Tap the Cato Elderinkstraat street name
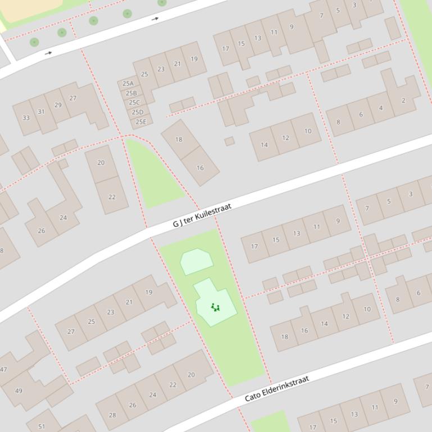pyautogui.click(x=277, y=389)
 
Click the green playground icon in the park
pyautogui.click(x=215, y=307)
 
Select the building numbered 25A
pyautogui.click(x=128, y=84)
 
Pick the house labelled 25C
pyautogui.click(x=134, y=103)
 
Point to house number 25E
pyautogui.click(x=140, y=122)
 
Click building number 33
pyautogui.click(x=26, y=118)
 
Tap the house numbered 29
pyautogui.click(x=58, y=105)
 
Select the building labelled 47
pyautogui.click(x=3, y=370)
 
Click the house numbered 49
pyautogui.click(x=19, y=390)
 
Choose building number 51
pyautogui.click(x=42, y=426)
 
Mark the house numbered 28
pyautogui.click(x=112, y=415)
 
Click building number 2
pyautogui.click(x=403, y=100)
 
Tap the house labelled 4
pyautogui.click(x=381, y=108)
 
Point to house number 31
pyautogui.click(x=41, y=112)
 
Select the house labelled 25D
pyautogui.click(x=138, y=112)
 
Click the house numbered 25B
pyautogui.click(x=131, y=93)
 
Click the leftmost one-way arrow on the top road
pyautogui.click(x=49, y=53)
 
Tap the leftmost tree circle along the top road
pyautogui.click(x=34, y=42)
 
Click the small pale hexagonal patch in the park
pyautogui.click(x=196, y=261)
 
